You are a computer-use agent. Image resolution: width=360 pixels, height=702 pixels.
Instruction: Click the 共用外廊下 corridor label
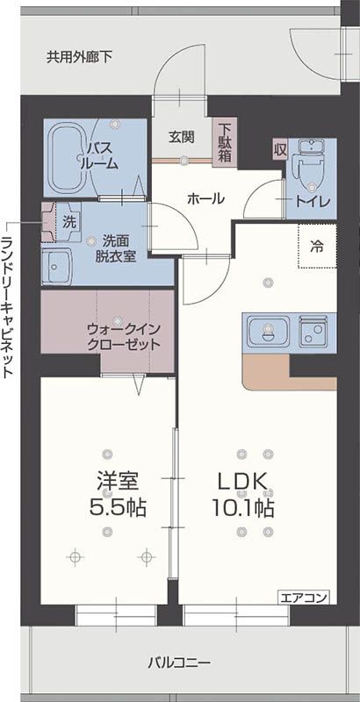point(80,57)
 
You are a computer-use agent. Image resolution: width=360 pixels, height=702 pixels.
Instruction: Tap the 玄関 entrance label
point(182,138)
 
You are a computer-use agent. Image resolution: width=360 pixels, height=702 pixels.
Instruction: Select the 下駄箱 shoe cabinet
point(223,142)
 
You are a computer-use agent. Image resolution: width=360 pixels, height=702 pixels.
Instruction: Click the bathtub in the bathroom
point(72,158)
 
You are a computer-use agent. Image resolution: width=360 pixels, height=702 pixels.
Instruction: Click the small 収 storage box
point(279,150)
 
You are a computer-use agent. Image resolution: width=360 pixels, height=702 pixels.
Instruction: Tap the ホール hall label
point(205,198)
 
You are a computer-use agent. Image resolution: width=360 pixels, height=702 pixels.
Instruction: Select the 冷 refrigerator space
point(318,246)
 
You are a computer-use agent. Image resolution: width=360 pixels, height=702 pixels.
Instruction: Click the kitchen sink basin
point(269,331)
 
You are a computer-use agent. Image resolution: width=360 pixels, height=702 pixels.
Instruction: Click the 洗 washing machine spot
point(69,222)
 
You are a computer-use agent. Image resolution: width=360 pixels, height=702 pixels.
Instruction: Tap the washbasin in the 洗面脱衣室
point(56,267)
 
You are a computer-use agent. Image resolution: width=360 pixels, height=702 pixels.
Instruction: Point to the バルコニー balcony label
point(179,663)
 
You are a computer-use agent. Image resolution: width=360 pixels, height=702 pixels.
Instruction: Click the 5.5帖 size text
point(118,508)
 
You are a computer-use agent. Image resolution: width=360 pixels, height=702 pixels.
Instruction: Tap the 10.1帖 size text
point(243,508)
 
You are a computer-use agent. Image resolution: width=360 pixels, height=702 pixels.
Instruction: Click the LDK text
point(242,482)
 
